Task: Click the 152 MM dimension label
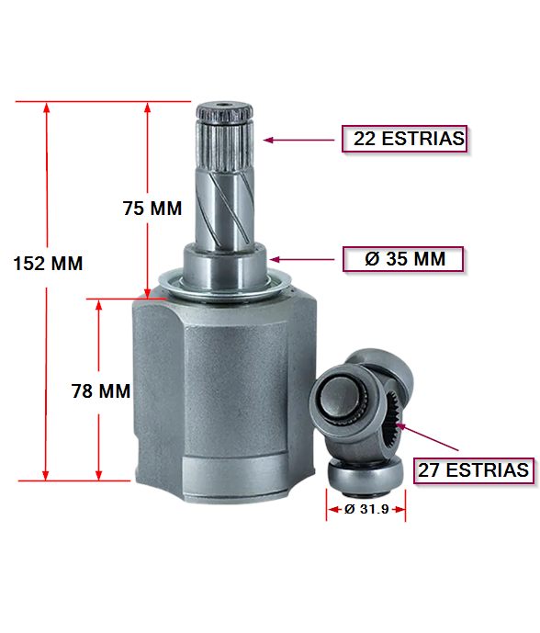pyautogui.click(x=48, y=263)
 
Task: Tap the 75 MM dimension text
pyautogui.click(x=152, y=209)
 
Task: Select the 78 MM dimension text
pyautogui.click(x=101, y=391)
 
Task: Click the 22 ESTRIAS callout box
pyautogui.click(x=405, y=139)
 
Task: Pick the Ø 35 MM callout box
pyautogui.click(x=403, y=259)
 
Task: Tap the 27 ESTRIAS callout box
pyautogui.click(x=474, y=470)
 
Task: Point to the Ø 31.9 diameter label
pyautogui.click(x=366, y=509)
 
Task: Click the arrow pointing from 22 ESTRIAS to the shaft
pyautogui.click(x=298, y=140)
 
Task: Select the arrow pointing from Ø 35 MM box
pyautogui.click(x=302, y=259)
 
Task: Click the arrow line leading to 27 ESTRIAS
pyautogui.click(x=427, y=436)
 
